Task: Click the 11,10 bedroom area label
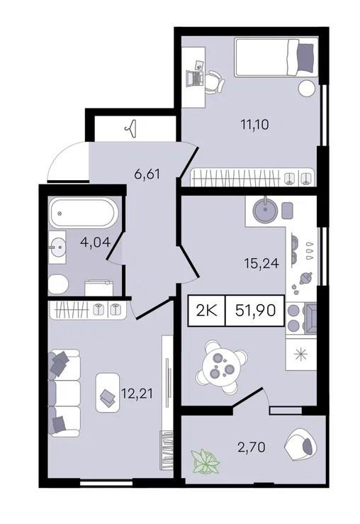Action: (x=255, y=125)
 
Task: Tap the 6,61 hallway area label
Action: (x=147, y=174)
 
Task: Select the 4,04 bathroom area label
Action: (x=95, y=242)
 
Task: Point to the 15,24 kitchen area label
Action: (x=261, y=264)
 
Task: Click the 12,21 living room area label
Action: (x=137, y=394)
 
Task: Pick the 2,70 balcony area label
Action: (x=252, y=447)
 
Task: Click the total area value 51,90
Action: (x=256, y=311)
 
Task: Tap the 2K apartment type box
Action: (x=207, y=311)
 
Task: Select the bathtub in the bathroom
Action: (x=84, y=213)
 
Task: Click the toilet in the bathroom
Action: (x=57, y=284)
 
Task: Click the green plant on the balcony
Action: (x=205, y=462)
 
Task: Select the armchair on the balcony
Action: (x=301, y=444)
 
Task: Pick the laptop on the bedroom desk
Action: (x=195, y=78)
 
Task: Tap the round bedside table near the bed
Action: (x=307, y=89)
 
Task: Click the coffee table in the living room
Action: (x=108, y=392)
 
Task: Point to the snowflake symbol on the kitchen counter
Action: (x=301, y=355)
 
